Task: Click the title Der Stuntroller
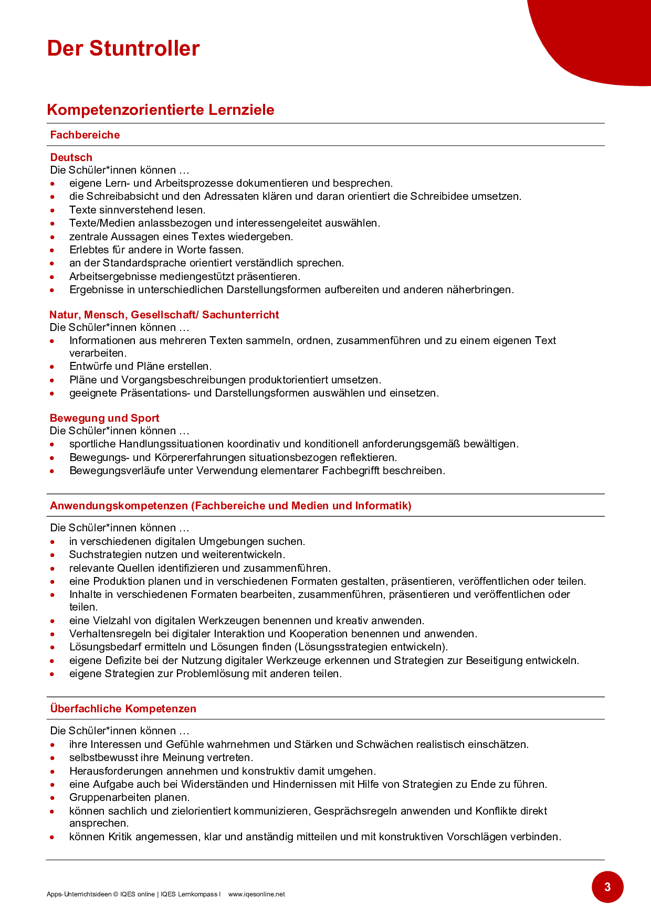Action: (123, 48)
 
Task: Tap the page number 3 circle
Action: (607, 887)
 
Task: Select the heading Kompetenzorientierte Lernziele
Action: (161, 110)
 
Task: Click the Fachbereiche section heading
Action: (85, 135)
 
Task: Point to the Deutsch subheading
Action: (71, 157)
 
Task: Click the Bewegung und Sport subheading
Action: (104, 418)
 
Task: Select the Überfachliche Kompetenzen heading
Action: (123, 709)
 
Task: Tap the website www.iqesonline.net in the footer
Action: (257, 894)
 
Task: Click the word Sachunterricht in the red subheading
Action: (240, 315)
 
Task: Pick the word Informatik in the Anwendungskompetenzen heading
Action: (382, 506)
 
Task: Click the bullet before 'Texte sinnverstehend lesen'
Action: (52, 210)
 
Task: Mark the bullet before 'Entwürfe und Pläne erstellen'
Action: (52, 367)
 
